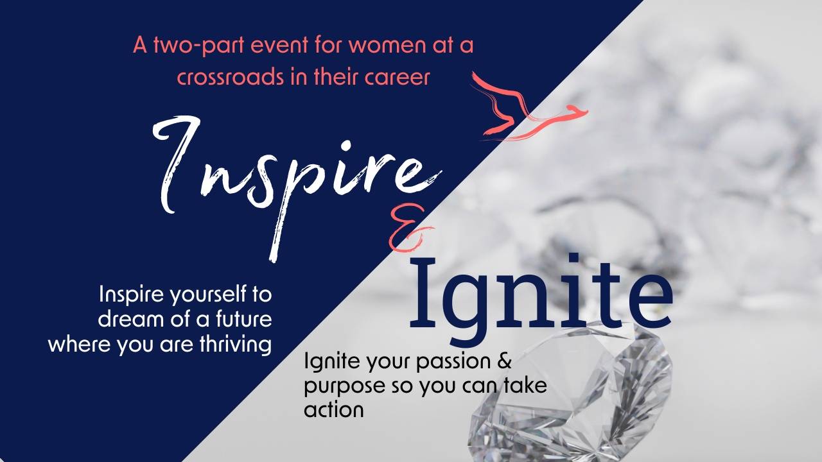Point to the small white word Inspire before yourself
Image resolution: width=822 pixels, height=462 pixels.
130,295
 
